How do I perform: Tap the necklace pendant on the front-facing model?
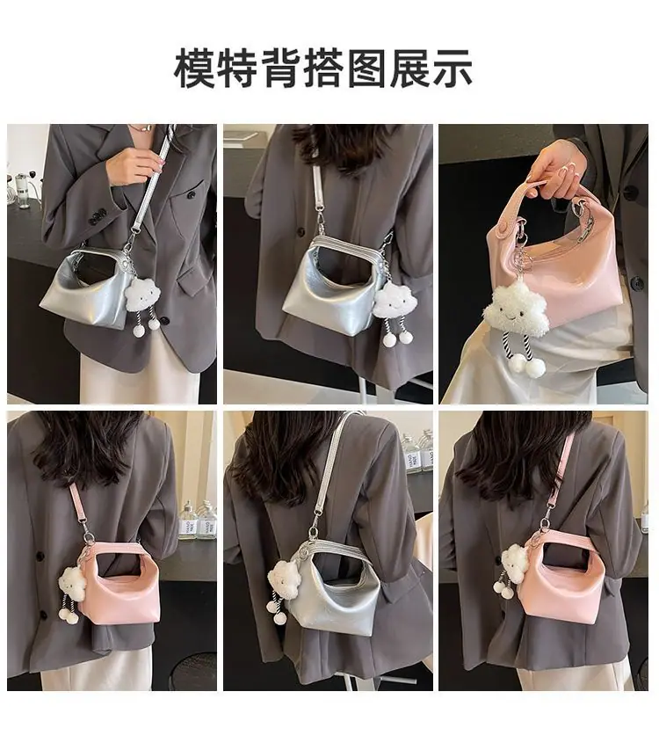(144, 128)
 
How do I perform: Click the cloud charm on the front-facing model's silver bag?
(142, 295)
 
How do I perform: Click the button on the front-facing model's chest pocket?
(191, 194)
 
